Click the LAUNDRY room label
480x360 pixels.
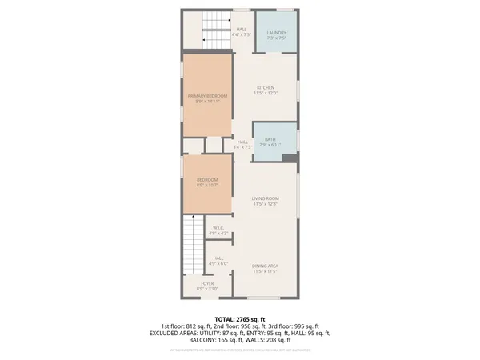tap(276, 33)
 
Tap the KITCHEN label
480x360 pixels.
tap(266, 88)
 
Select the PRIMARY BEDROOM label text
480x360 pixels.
tap(207, 96)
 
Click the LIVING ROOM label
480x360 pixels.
tap(266, 198)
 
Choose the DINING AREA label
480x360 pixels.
tap(265, 266)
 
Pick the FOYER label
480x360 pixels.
tap(207, 284)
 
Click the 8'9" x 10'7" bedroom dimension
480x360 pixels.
tap(207, 185)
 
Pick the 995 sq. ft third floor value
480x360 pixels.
tap(305, 326)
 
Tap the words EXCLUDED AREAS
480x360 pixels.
tap(175, 332)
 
